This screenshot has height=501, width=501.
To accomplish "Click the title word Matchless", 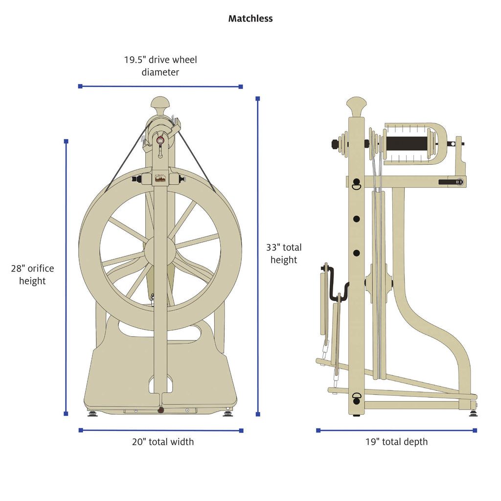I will click(250, 19).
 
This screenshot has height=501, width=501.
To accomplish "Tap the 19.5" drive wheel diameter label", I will click(160, 66).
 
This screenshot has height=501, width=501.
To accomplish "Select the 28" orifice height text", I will click(32, 274).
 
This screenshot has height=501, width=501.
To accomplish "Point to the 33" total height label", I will click(283, 253).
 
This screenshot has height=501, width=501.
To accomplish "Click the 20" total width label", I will click(162, 442).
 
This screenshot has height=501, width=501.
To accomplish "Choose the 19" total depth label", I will click(396, 442).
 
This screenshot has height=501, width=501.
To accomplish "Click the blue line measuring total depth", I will click(396, 431).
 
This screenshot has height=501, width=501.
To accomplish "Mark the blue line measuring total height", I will click(258, 254).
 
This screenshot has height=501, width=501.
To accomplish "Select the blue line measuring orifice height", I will click(66, 276).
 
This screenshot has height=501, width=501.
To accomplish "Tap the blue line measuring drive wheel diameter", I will click(160, 87).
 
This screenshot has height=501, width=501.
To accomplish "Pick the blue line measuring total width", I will click(160, 431).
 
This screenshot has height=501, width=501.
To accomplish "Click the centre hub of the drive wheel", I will click(160, 249).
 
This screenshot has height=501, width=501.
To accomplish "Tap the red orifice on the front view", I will click(160, 140).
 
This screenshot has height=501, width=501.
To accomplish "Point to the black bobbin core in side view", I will click(406, 143).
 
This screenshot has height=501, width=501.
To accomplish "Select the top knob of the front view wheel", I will click(160, 103).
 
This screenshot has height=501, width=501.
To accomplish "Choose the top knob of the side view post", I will click(356, 104).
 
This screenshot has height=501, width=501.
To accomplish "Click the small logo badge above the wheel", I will click(160, 179).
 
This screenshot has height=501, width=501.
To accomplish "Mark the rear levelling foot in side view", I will click(473, 412).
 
